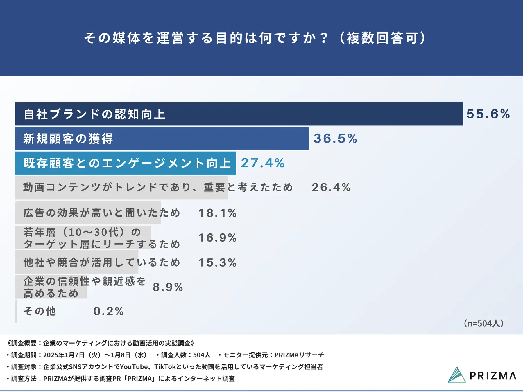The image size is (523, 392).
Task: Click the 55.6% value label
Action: click(x=488, y=114)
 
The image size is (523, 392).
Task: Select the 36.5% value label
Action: click(x=335, y=139)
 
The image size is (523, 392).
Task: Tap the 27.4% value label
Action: click(x=263, y=163)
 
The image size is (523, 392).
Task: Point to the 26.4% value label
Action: click(x=331, y=187)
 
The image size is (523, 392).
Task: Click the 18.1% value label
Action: click(x=218, y=213)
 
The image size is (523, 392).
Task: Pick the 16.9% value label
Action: click(x=218, y=238)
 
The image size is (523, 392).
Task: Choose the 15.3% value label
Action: click(x=218, y=263)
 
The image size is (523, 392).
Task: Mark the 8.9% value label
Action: click(x=168, y=287)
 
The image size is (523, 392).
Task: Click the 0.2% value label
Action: click(x=109, y=311)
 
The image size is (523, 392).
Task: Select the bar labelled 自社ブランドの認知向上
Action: click(x=239, y=114)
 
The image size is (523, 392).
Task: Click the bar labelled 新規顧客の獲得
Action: click(x=162, y=139)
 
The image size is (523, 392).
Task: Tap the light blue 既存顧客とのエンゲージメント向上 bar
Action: click(x=126, y=163)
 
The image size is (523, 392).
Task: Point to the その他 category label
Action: click(x=40, y=311)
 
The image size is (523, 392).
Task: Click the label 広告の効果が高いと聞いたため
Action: click(x=102, y=213)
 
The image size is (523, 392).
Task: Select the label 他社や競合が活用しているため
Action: click(x=102, y=262)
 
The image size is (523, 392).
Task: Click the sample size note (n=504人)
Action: click(x=484, y=323)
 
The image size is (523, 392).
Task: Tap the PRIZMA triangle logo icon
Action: click(x=457, y=375)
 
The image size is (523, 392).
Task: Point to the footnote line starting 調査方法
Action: click(x=121, y=379)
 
